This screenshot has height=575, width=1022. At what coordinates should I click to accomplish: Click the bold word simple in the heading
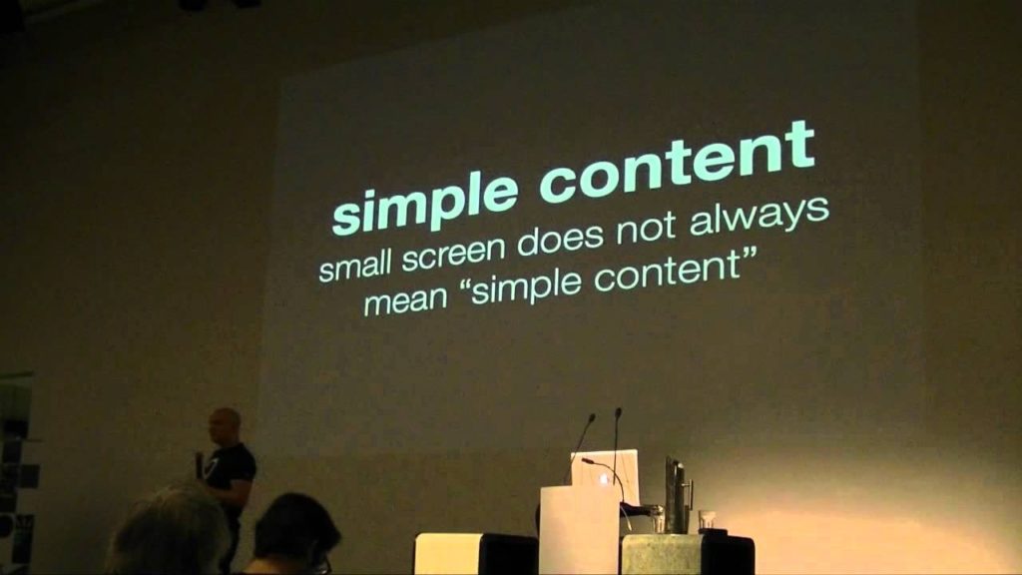click(426, 201)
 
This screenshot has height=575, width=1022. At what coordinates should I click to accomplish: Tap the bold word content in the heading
click(678, 161)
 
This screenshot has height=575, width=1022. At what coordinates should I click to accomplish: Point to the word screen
click(454, 253)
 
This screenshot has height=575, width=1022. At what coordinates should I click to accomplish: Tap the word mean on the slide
click(407, 300)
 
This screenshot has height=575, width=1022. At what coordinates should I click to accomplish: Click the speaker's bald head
click(225, 425)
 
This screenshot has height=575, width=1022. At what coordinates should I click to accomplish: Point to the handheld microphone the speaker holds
click(200, 464)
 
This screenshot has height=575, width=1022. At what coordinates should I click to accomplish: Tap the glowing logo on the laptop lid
click(603, 479)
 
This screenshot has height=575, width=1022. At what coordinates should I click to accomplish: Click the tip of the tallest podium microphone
click(618, 411)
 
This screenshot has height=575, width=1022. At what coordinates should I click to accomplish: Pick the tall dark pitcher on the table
click(676, 495)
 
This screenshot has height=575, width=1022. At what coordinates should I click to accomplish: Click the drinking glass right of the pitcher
click(706, 520)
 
